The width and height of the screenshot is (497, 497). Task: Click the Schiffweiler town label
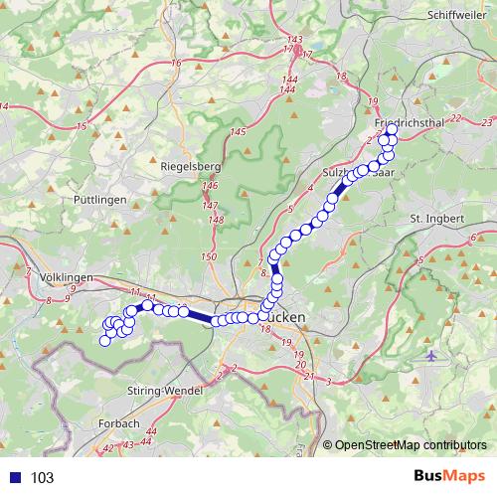pyautogui.click(x=454, y=15)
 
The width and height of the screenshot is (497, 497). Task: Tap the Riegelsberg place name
pyautogui.click(x=189, y=167)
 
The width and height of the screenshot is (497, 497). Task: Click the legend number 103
pyautogui.click(x=43, y=478)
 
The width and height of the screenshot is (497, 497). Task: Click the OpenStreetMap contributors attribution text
pyautogui.click(x=412, y=445)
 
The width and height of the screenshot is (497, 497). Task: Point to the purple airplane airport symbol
pyautogui.click(x=429, y=354)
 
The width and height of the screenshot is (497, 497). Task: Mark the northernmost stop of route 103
pyautogui.click(x=392, y=129)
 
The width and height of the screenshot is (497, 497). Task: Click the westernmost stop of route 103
pyautogui.click(x=103, y=341)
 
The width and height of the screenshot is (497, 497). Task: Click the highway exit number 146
pyautogui.click(x=209, y=186)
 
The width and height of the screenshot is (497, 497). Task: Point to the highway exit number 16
pyautogui.click(x=176, y=64)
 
